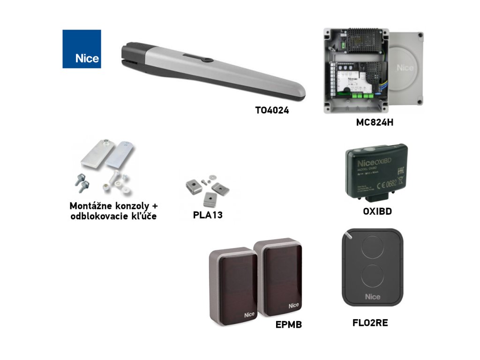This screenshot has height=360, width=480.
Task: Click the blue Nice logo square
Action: coord(82,49)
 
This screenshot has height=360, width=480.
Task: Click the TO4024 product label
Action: coord(272,112)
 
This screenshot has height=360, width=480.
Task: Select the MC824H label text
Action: coord(374,123)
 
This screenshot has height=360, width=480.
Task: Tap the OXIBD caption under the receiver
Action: coord(377,211)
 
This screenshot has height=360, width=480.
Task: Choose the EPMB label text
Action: coord(288,324)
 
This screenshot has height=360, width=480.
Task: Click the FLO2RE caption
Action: coord(370,322)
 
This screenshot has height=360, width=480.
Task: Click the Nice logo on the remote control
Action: coord(373,297)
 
